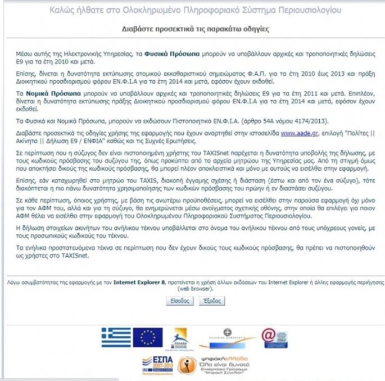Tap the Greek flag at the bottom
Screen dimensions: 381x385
[116, 337]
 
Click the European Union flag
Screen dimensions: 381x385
[148, 337]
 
